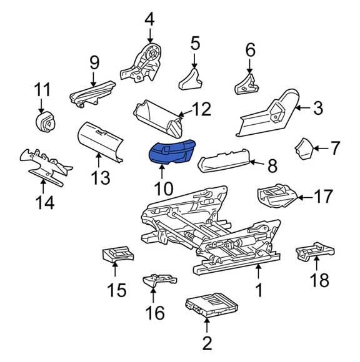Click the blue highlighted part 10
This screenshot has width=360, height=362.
click(x=171, y=152)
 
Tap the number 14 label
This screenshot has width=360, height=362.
click(x=45, y=202)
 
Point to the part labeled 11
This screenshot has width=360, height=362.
click(x=46, y=122)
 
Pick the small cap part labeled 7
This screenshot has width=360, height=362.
click(x=304, y=149)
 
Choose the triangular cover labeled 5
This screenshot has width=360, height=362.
click(x=191, y=79)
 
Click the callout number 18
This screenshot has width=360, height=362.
click(x=319, y=280)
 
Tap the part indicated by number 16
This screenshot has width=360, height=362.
click(x=159, y=280)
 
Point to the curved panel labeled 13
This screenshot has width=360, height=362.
click(x=100, y=142)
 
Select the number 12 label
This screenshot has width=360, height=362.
click(x=202, y=109)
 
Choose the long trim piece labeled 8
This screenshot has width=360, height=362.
click(x=224, y=160)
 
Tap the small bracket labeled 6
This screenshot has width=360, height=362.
click(x=246, y=84)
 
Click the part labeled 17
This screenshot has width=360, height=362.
click(x=277, y=195)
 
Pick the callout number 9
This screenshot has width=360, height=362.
click(x=94, y=62)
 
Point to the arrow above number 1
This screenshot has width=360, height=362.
click(x=259, y=271)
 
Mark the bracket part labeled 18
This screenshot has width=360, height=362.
click(x=315, y=252)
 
